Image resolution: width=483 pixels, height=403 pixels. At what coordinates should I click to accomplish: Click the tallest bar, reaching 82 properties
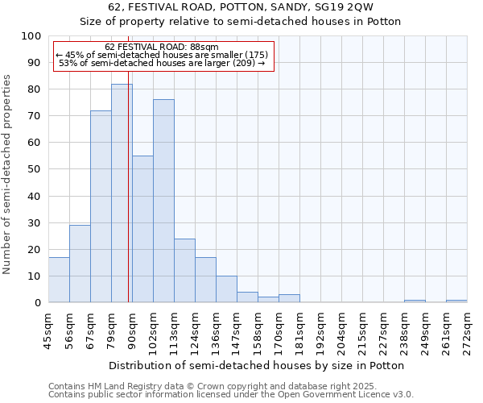(122, 193)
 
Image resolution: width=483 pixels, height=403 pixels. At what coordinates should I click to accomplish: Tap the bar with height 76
(163, 201)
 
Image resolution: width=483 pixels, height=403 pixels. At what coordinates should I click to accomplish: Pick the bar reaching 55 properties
(142, 230)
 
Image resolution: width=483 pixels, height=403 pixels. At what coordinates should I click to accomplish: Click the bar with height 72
(101, 207)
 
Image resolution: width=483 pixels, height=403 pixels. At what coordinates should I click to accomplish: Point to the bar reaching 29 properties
(80, 264)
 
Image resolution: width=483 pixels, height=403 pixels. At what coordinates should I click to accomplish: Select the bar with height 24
(184, 271)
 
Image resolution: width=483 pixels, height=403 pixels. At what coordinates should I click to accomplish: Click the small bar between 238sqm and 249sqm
(415, 301)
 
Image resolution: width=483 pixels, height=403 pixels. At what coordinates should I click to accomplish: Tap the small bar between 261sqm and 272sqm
(456, 301)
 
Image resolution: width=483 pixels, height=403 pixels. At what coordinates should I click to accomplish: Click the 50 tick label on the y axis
(34, 169)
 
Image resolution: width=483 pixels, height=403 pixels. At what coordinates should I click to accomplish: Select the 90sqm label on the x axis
(133, 330)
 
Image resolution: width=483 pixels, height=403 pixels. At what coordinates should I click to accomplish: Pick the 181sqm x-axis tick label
(300, 330)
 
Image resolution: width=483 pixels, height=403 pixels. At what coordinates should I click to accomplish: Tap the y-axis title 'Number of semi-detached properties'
(8, 174)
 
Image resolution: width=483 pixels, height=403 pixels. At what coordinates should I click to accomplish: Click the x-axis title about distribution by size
(258, 365)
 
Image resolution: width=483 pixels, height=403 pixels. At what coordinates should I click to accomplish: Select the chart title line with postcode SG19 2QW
(241, 7)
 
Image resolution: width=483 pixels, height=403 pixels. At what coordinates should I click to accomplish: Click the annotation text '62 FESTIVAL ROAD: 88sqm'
(162, 48)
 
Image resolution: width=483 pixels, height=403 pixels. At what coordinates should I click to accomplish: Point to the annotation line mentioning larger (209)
(162, 63)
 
